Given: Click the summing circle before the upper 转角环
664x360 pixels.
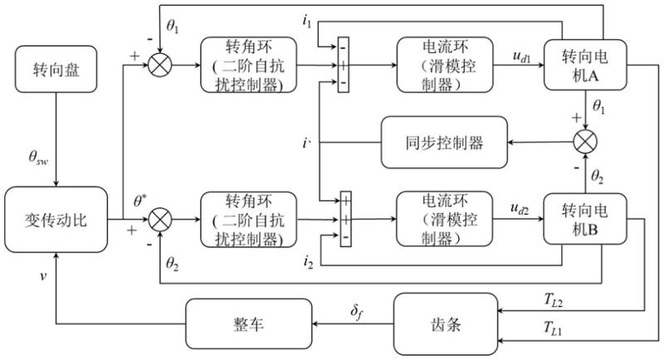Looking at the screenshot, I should (x=159, y=64).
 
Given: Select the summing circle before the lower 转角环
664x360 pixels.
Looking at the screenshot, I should (x=159, y=221).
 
